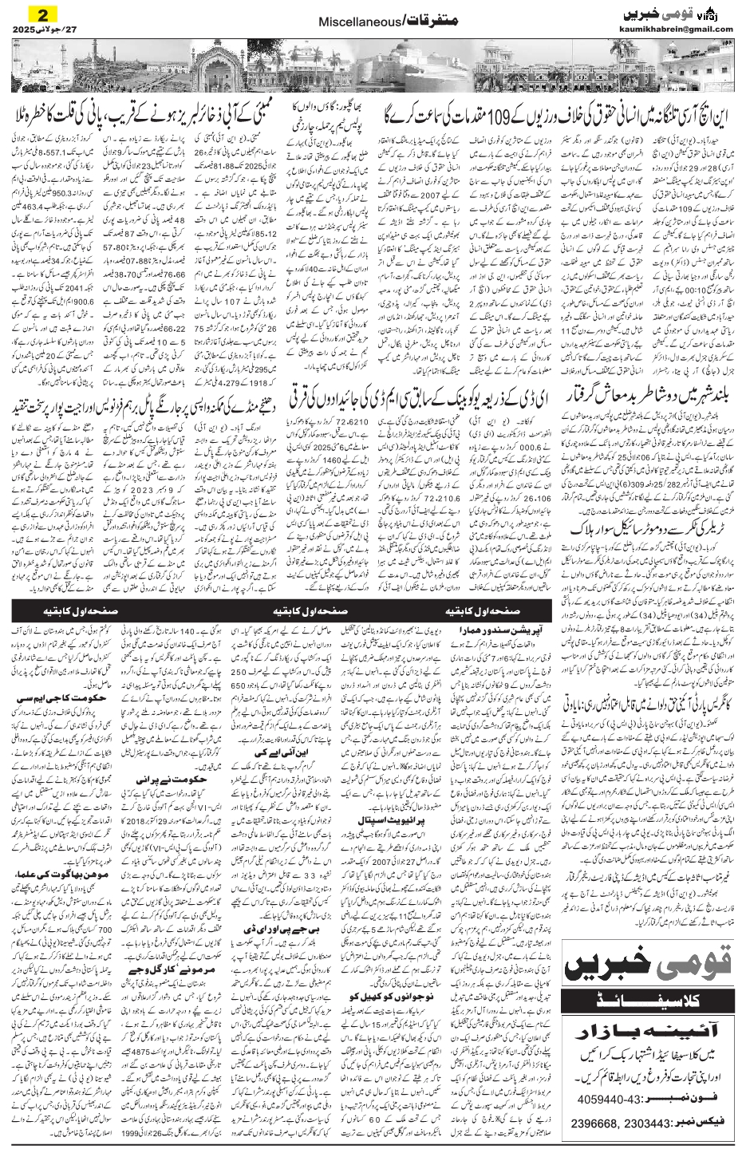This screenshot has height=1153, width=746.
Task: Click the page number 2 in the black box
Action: [45, 14]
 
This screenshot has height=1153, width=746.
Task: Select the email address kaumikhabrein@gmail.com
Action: [676, 29]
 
